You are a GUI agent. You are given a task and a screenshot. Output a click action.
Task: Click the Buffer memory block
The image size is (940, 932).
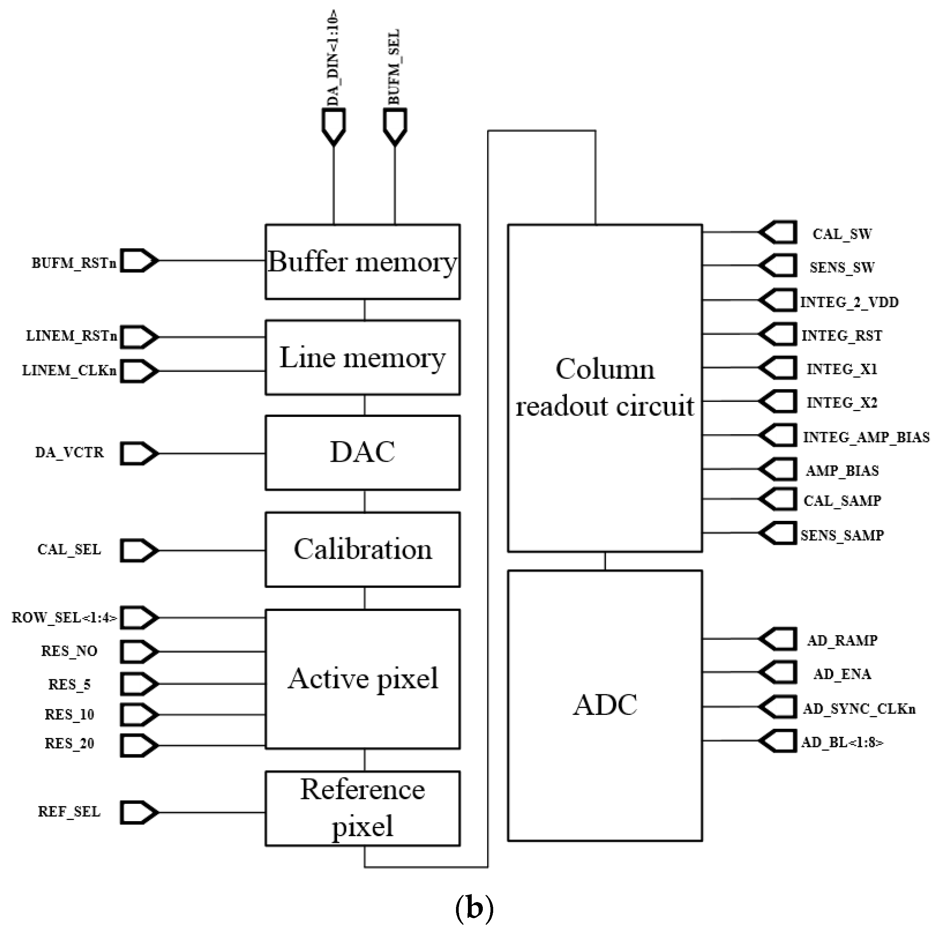coord(363,262)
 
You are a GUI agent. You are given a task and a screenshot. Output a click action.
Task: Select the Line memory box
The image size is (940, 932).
coord(363,357)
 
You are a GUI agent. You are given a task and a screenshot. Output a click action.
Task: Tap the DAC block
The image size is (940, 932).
coord(363,452)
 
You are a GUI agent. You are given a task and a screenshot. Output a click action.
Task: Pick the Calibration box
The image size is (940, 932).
coord(363,549)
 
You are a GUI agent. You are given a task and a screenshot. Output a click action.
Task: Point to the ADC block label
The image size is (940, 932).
coord(605,705)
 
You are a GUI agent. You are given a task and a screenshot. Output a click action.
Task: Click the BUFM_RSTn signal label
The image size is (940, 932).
coord(74,263)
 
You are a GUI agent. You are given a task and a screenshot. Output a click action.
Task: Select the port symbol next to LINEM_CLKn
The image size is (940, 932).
coord(139,371)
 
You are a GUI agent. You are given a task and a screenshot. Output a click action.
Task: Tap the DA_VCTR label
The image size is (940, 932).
coord(69,452)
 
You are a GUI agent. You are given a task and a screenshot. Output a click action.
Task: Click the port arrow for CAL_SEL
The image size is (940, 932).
coord(139,550)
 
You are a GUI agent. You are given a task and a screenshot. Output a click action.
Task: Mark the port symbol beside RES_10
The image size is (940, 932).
coord(139,714)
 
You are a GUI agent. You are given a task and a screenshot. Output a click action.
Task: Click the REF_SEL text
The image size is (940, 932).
coord(69,812)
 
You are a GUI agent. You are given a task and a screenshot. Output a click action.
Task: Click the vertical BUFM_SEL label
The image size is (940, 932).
coord(394,67)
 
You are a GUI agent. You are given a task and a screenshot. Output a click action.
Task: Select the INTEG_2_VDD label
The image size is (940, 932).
coord(849,302)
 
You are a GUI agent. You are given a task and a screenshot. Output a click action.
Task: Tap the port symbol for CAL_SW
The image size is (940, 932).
coord(778,232)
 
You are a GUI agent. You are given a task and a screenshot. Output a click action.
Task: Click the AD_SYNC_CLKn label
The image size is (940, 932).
coord(859,708)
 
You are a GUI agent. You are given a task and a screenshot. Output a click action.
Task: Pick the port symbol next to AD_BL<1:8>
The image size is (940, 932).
coord(778,741)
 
